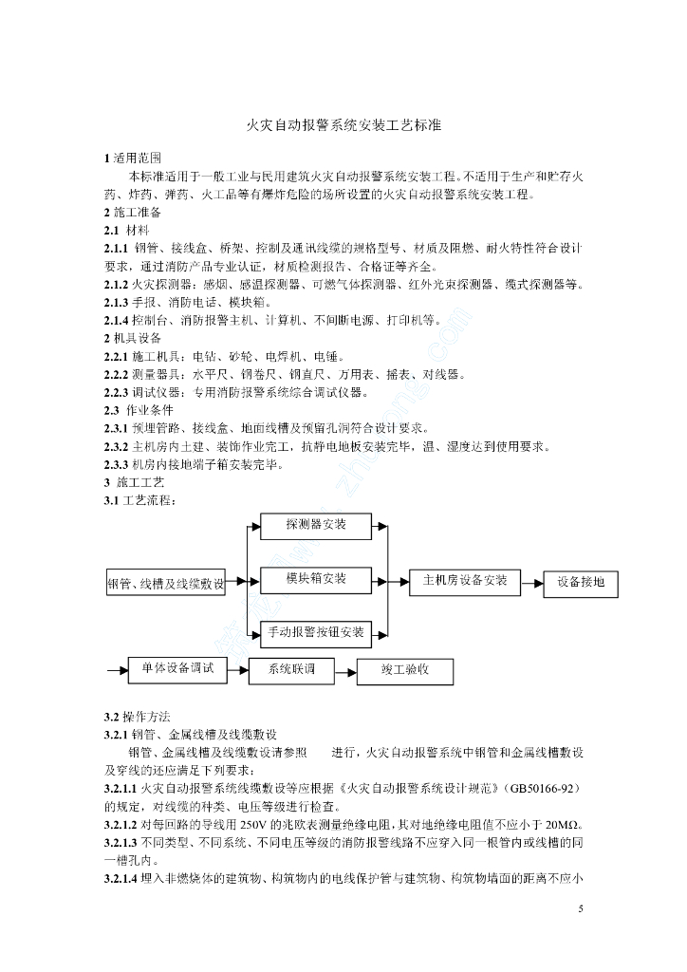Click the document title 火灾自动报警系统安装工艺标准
tap(344, 124)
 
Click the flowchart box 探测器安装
tap(316, 524)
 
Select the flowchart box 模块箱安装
tap(316, 578)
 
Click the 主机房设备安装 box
tap(458, 580)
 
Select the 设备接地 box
tap(581, 582)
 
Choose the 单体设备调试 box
tap(177, 668)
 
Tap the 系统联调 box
tap(289, 670)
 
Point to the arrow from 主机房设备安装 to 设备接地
tap(531, 582)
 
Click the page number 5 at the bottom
tap(580, 908)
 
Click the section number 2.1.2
tap(120, 284)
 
